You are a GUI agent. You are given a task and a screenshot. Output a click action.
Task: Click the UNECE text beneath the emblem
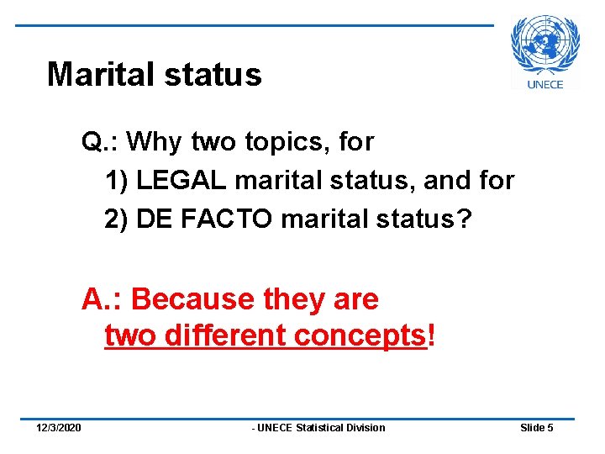click(545, 83)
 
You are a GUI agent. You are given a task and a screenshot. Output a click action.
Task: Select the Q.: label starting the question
click(100, 142)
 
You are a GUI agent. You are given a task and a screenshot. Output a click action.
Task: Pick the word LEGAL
click(182, 181)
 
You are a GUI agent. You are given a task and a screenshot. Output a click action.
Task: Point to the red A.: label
click(103, 298)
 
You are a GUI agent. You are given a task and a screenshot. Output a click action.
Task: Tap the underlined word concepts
click(360, 336)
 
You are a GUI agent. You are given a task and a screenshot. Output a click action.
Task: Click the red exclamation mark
click(432, 335)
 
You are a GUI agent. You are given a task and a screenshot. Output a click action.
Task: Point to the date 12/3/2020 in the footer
click(59, 428)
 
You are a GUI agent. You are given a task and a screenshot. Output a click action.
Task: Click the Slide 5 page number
click(536, 428)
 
